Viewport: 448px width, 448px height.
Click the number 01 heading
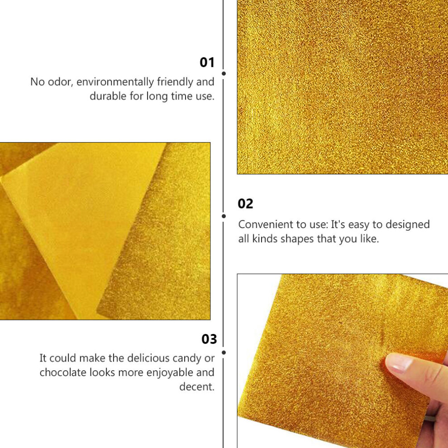pyautogui.click(x=207, y=62)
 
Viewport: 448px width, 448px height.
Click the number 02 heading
pyautogui.click(x=245, y=204)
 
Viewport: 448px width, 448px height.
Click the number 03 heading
pyautogui.click(x=209, y=339)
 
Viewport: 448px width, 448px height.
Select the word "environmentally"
pyautogui.click(x=115, y=82)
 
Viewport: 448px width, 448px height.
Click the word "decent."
pyautogui.click(x=197, y=387)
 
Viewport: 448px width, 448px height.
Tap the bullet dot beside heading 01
pyautogui.click(x=224, y=74)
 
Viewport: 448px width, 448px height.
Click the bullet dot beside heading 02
pyautogui.click(x=224, y=216)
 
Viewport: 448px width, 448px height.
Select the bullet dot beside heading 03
pyautogui.click(x=224, y=353)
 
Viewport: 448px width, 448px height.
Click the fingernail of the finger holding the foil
pyautogui.click(x=399, y=363)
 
